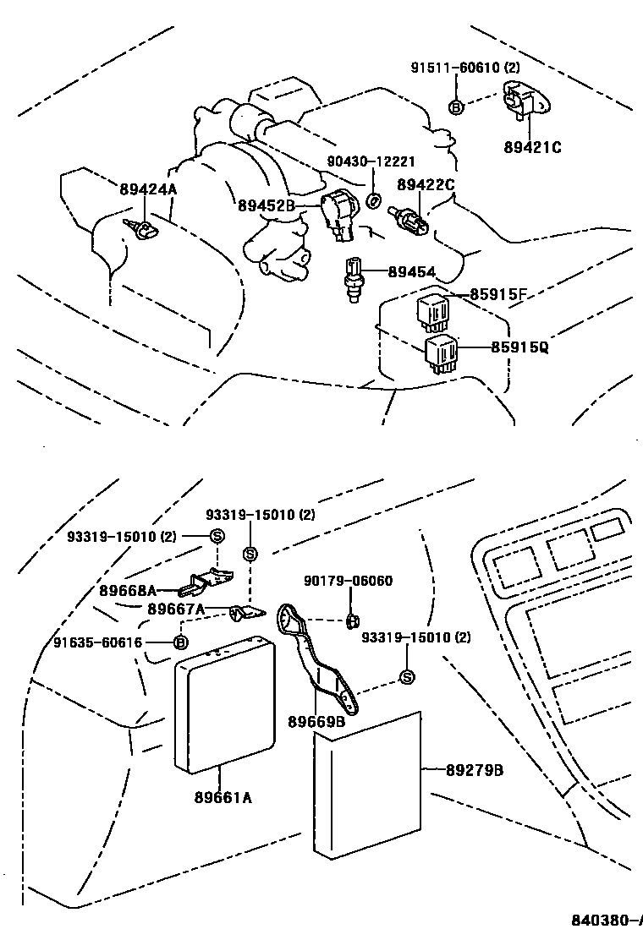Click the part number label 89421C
pyautogui.click(x=533, y=147)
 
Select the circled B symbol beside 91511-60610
pyautogui.click(x=455, y=107)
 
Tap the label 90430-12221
pyautogui.click(x=372, y=161)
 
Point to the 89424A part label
pyautogui.click(x=148, y=189)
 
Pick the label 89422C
pyautogui.click(x=426, y=183)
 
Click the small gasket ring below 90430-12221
pyautogui.click(x=372, y=200)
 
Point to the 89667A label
pyautogui.click(x=176, y=609)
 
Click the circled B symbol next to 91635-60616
pyautogui.click(x=179, y=642)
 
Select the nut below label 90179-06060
pyautogui.click(x=350, y=622)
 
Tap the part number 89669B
pyautogui.click(x=316, y=721)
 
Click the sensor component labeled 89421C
pyautogui.click(x=523, y=102)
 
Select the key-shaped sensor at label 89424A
pyautogui.click(x=138, y=226)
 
